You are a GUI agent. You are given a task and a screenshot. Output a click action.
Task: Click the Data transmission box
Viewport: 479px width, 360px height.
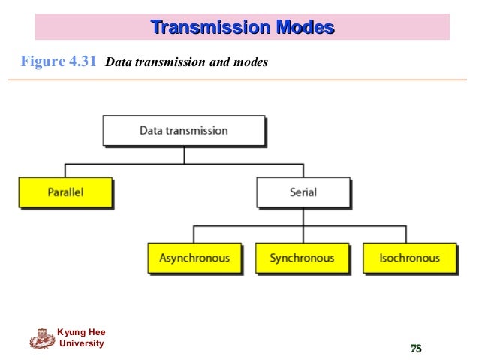(x=183, y=130)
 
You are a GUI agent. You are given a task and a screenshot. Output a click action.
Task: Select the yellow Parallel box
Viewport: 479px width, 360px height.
(x=65, y=192)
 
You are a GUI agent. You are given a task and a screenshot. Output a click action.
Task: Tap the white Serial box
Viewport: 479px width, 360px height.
(x=303, y=192)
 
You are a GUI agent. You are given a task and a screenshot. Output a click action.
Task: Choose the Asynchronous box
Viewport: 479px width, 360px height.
(x=194, y=258)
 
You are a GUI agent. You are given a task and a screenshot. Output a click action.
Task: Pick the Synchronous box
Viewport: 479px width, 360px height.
(x=302, y=258)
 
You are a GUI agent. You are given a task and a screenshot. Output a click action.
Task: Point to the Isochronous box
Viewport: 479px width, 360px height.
(x=409, y=258)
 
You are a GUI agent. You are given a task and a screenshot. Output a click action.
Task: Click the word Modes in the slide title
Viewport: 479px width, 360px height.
(x=304, y=28)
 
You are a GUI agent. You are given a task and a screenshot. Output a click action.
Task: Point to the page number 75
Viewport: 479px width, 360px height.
(x=415, y=347)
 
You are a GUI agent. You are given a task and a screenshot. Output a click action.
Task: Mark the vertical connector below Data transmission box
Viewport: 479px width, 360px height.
(x=184, y=155)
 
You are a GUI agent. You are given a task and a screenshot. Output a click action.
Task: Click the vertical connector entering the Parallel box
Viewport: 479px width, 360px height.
(x=65, y=171)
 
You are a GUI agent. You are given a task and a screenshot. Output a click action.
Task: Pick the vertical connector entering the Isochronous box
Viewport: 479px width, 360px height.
(x=409, y=234)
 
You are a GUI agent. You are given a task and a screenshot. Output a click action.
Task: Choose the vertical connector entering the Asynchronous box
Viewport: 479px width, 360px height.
(x=194, y=234)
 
